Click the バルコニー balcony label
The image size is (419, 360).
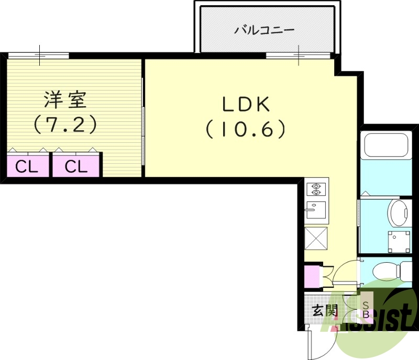pos(264,30)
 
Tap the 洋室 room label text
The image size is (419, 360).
pos(65,100)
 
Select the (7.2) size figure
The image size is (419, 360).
pos(65,125)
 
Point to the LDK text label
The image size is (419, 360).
pos(246,105)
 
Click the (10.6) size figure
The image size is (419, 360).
pos(246,129)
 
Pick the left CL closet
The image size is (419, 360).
pos(28,166)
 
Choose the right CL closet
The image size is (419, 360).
pos(76,166)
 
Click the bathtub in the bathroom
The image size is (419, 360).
pos(386,145)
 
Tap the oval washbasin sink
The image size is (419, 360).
pos(398,213)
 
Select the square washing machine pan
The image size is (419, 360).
pos(399,242)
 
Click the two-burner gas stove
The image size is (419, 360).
pos(316,189)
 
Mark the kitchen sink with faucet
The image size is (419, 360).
pos(316,210)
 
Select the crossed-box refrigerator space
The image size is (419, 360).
pos(316,239)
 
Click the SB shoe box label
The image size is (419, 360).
pos(366,310)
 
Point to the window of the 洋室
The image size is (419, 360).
pos(38,55)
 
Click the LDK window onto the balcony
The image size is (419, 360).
pos(298,55)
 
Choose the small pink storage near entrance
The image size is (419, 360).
pos(313,276)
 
